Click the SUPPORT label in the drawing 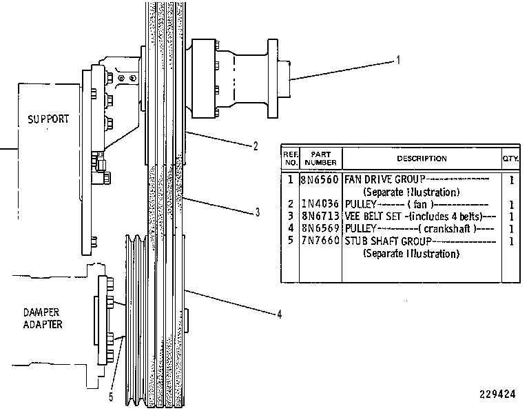point(48,119)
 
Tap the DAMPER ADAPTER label point(42,318)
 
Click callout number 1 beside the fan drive point(398,60)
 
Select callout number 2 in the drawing point(256,146)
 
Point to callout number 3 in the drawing point(258,212)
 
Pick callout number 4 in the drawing point(280,314)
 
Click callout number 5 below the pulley point(111,397)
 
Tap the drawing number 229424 point(497,394)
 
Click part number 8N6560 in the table point(320,179)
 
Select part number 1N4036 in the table point(320,203)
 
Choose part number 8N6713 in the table point(320,216)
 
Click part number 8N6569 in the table point(320,228)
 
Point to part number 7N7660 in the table point(320,241)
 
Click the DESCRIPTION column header point(422,159)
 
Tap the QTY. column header point(511,159)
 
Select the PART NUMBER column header point(320,159)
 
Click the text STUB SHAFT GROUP point(388,241)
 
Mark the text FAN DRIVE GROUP point(385,179)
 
